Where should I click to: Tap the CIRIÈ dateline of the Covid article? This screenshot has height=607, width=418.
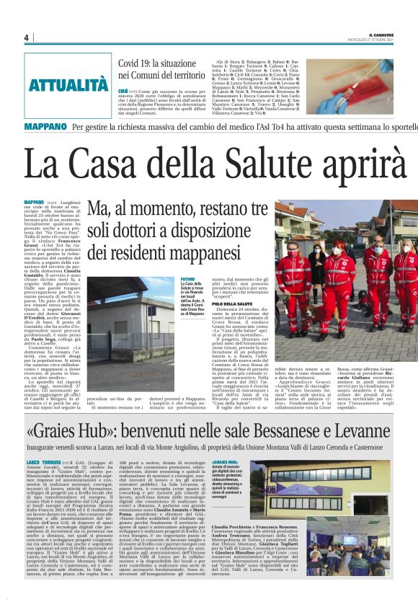pyautogui.click(x=124, y=92)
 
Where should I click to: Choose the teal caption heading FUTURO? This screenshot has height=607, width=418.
pyautogui.click(x=187, y=278)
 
